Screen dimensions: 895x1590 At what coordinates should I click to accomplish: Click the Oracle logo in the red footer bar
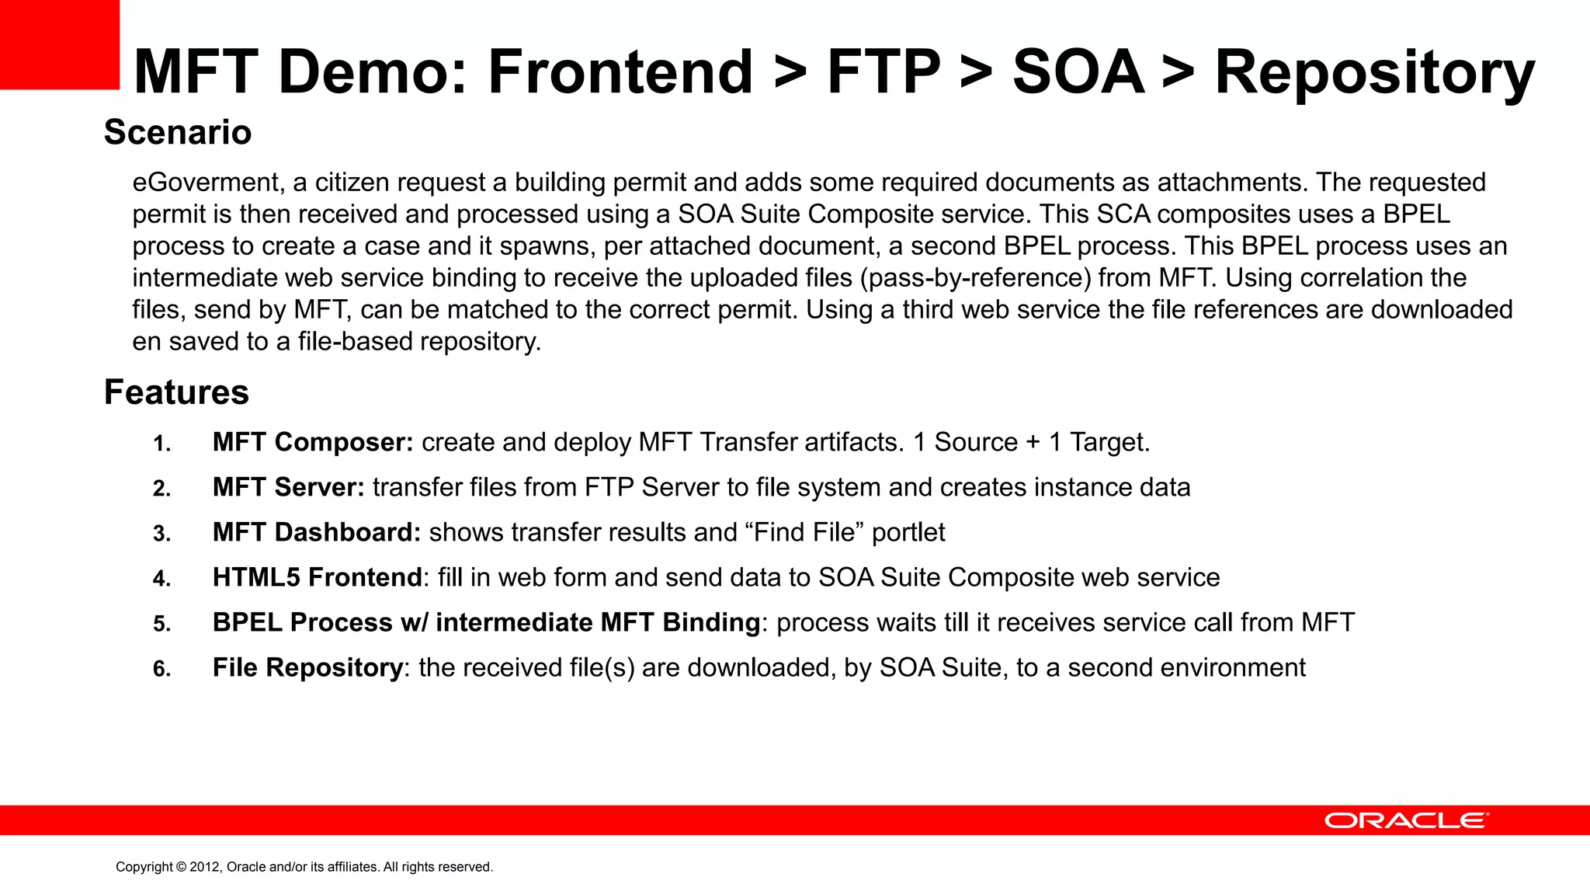[1406, 820]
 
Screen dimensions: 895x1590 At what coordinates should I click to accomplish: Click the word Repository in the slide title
[1374, 72]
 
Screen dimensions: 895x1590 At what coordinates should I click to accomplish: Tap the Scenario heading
[178, 132]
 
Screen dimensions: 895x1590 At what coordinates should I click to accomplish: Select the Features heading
[176, 392]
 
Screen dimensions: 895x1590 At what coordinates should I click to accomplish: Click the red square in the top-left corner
[59, 44]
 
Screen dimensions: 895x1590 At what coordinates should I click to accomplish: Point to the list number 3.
[161, 534]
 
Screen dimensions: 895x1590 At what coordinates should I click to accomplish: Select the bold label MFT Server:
[288, 487]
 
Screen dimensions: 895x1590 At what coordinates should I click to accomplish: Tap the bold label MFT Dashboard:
[317, 532]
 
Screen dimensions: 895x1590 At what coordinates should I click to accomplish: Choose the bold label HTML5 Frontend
[317, 577]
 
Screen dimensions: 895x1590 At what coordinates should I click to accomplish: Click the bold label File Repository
[307, 667]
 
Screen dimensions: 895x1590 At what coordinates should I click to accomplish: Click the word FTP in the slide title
[884, 72]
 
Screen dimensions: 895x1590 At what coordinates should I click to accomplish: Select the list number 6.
[161, 669]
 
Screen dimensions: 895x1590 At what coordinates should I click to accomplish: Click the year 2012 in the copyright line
[205, 867]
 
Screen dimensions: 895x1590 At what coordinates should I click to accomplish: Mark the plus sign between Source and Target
[1033, 443]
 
